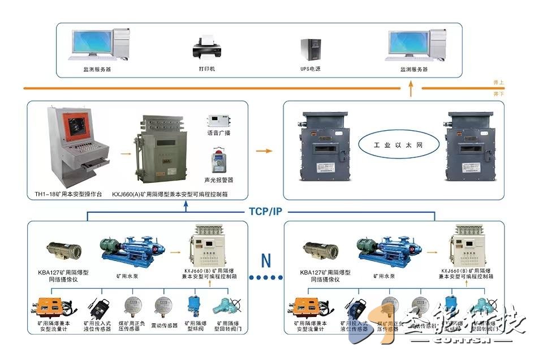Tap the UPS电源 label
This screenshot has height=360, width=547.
310,69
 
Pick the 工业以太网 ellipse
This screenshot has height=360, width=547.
399,145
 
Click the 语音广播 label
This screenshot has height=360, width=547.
218,133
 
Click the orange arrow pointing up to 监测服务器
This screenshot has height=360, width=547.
411,87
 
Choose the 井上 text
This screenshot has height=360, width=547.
498,83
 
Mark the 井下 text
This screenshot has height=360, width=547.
498,94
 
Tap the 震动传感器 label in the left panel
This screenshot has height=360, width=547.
164,325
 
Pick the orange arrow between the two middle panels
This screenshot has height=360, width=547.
264,151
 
